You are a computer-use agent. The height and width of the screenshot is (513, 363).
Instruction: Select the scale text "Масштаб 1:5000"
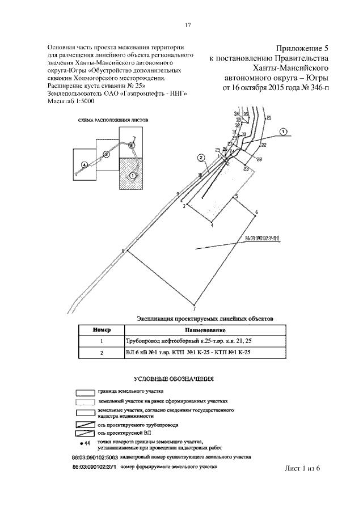pyautogui.click(x=71, y=100)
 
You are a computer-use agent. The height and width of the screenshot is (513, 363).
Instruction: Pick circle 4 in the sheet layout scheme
pyautogui.click(x=84, y=164)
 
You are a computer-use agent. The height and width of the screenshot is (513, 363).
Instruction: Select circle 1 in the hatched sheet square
pyautogui.click(x=132, y=176)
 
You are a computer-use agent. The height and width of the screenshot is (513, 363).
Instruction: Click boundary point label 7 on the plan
pyautogui.click(x=194, y=310)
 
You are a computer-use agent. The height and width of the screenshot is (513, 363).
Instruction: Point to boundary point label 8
pyautogui.click(x=122, y=250)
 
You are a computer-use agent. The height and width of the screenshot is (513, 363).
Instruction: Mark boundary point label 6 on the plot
pyautogui.click(x=256, y=212)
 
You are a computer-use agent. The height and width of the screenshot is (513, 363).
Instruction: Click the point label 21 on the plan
pyautogui.click(x=268, y=118)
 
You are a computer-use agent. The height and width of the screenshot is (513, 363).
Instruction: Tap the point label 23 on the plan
pyautogui.click(x=245, y=169)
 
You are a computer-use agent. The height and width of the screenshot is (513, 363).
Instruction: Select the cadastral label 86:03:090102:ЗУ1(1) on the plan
pyautogui.click(x=266, y=238)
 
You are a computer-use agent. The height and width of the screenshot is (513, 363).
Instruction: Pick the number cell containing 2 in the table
pyautogui.click(x=102, y=352)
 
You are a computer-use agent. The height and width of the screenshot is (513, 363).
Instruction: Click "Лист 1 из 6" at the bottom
pyautogui.click(x=302, y=468)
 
